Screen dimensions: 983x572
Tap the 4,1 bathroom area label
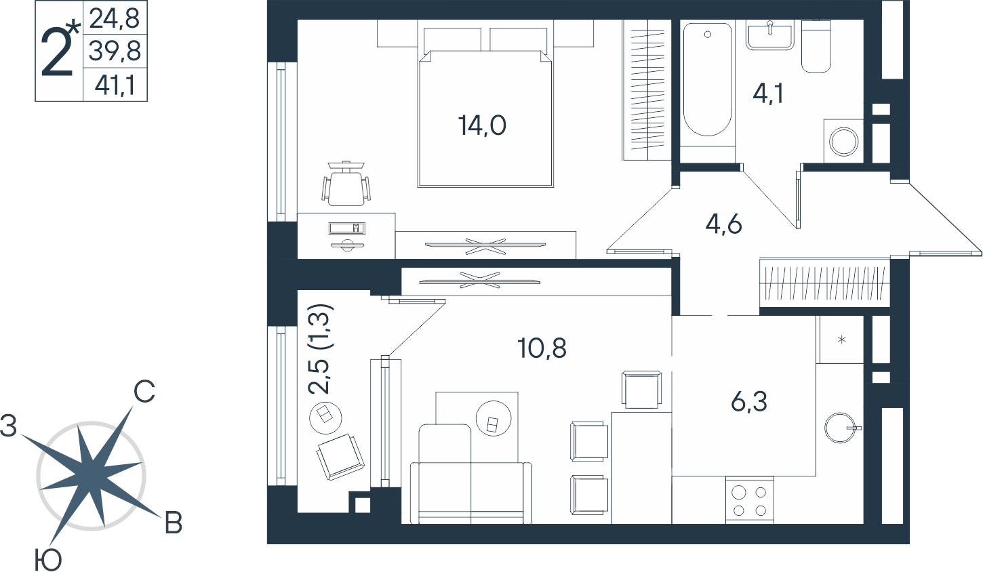pos(768,94)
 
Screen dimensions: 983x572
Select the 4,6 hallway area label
pos(723,224)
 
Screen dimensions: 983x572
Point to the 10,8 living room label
pos(542,348)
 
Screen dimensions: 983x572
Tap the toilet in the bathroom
pos(816,45)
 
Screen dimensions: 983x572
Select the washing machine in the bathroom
pos(843,141)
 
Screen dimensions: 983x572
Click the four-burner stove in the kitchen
pos(750,500)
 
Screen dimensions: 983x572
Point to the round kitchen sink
pos(841,428)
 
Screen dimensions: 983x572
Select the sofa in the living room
pos(471,474)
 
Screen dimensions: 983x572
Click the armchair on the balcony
pos(340,457)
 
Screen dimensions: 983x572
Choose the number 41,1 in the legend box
pos(115,85)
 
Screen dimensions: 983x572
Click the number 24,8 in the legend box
pos(115,18)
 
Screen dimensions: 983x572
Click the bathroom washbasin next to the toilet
pos(769,35)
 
